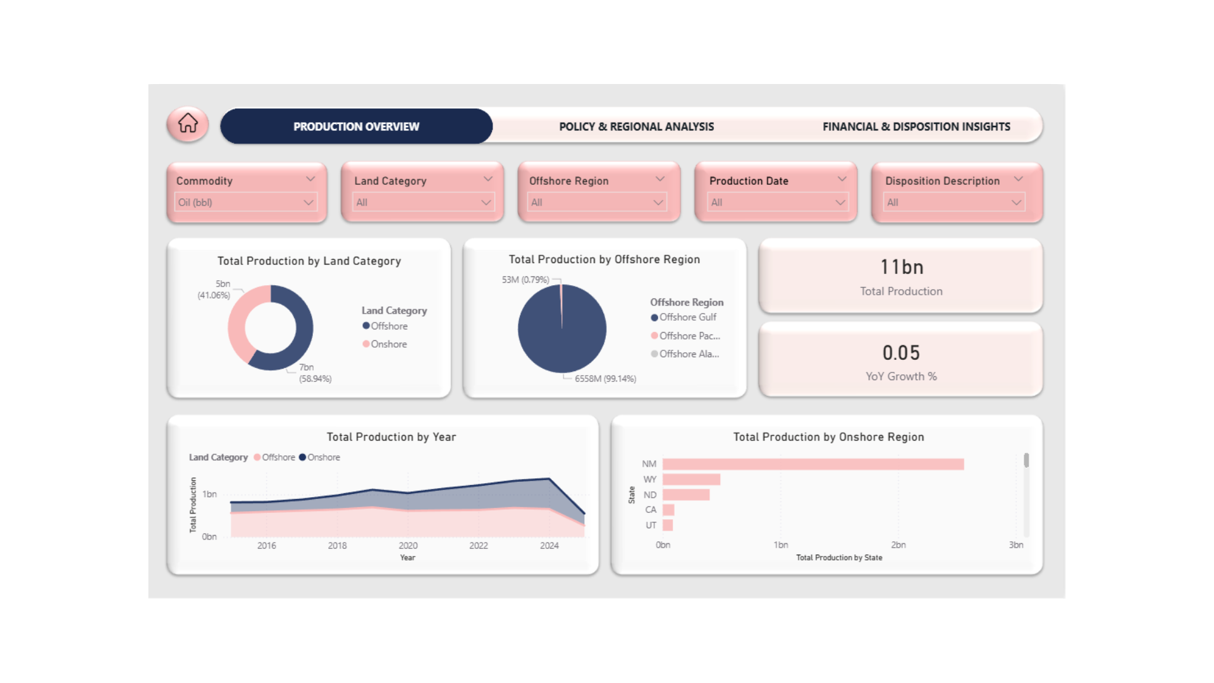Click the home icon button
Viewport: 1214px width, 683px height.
pyautogui.click(x=188, y=124)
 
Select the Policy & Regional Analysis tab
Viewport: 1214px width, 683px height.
pyautogui.click(x=636, y=126)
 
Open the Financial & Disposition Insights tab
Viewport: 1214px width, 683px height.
pyautogui.click(x=916, y=126)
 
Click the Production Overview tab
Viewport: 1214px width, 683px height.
pyautogui.click(x=356, y=126)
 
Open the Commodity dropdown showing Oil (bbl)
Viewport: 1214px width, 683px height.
pyautogui.click(x=246, y=202)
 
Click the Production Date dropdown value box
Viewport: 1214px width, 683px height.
pyautogui.click(x=777, y=202)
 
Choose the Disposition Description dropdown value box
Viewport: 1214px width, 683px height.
pyautogui.click(x=953, y=202)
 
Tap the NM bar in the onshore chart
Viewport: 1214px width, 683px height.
pyautogui.click(x=812, y=464)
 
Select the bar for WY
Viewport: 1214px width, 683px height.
pyautogui.click(x=691, y=479)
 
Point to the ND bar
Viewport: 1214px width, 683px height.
pyautogui.click(x=686, y=495)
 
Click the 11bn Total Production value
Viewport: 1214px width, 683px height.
pyautogui.click(x=901, y=268)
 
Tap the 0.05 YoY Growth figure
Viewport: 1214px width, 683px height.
pyautogui.click(x=901, y=353)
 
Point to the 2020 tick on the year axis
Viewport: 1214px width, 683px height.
pyautogui.click(x=408, y=545)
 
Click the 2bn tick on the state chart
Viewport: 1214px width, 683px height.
pyautogui.click(x=898, y=545)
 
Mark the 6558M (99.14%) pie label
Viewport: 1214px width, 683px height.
pyautogui.click(x=605, y=379)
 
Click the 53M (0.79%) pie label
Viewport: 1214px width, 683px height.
pyautogui.click(x=525, y=280)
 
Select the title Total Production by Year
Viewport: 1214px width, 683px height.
pyautogui.click(x=391, y=437)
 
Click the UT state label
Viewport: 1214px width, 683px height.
pyautogui.click(x=651, y=525)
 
